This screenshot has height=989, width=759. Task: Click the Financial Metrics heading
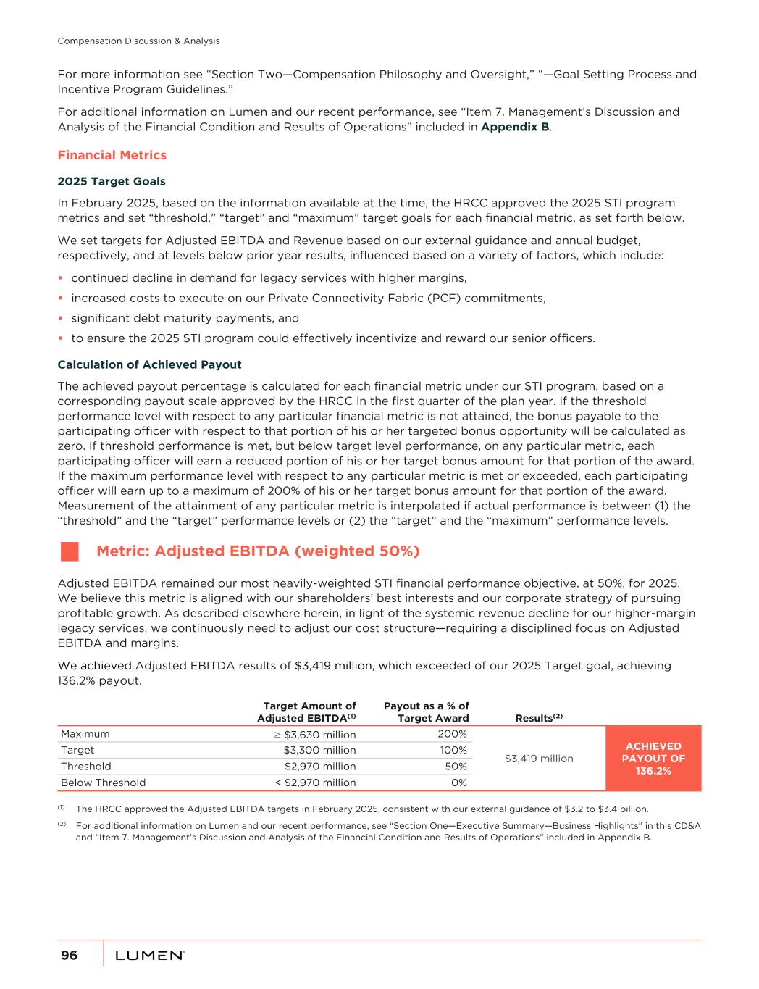pos(112,155)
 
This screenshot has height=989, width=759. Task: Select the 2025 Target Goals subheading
pos(112,181)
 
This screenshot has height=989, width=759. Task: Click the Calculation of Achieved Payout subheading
pos(149,364)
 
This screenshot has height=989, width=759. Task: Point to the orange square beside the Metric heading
pos(70,551)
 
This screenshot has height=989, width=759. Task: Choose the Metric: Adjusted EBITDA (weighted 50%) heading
pos(258,551)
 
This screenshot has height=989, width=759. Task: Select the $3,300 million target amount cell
pos(319,750)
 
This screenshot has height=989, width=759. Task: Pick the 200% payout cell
pos(452,733)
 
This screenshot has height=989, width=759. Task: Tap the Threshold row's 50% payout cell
pos(456,766)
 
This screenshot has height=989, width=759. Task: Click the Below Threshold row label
pos(104,783)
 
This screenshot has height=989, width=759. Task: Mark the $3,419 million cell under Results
pos(539,759)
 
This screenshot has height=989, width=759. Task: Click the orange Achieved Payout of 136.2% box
pos(653,758)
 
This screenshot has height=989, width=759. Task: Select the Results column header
pos(539,717)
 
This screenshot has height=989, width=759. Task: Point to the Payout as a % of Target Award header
pos(426,712)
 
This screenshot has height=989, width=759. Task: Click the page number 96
pos(69,956)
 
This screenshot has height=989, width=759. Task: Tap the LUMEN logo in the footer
pos(150,956)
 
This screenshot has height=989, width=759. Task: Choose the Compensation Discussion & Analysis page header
pos(138,41)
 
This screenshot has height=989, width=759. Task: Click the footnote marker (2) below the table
pos(62,825)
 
